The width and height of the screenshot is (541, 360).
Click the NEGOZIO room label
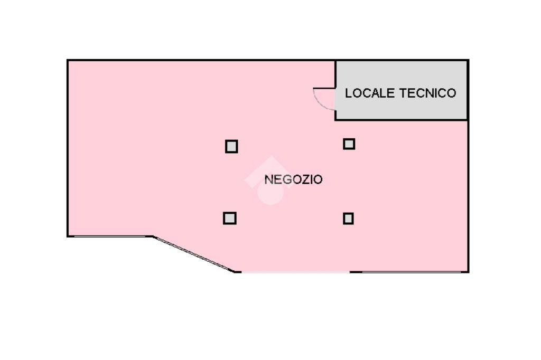pos(293,179)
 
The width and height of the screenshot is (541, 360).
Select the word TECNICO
pos(427,93)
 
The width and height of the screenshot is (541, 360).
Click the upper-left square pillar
pos(231,146)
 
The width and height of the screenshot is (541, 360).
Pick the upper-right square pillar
pos(349,144)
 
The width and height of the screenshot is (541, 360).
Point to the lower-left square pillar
pos(229,217)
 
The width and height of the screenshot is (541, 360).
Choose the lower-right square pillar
pos(348,218)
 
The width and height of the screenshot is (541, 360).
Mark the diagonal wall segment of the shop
pos(193,254)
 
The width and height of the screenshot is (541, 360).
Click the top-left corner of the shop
pos(68,61)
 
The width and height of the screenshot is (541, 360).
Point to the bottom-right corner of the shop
pos(468,271)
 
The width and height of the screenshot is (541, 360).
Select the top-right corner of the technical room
pos(468,61)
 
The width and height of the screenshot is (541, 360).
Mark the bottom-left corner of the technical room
pos(336,119)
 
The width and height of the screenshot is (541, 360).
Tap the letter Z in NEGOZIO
pos(299,179)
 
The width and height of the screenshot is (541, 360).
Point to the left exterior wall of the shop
pos(68,148)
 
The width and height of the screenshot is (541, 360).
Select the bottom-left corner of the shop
pos(68,236)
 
